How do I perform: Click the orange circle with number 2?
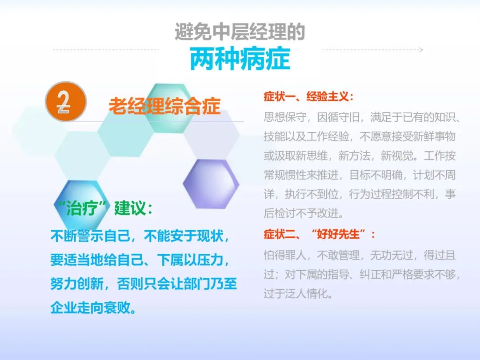66,102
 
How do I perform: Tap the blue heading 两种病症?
240,59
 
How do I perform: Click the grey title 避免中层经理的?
240,32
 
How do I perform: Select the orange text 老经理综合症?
165,106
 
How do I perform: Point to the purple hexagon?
211,184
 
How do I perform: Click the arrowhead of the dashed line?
421,50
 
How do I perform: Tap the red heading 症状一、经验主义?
308,97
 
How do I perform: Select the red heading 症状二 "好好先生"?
319,235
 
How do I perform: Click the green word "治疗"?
82,208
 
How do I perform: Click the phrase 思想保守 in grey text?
285,117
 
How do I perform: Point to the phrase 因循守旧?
338,117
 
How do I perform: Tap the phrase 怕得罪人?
285,255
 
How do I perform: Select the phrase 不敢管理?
338,255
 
